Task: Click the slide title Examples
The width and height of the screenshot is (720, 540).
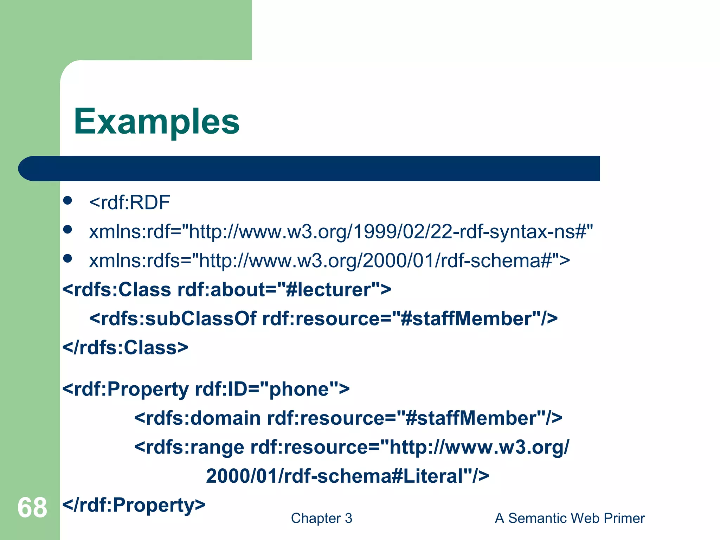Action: click(x=156, y=122)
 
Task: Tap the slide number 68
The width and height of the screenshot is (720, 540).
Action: click(x=32, y=508)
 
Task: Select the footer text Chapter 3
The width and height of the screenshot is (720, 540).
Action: click(x=321, y=518)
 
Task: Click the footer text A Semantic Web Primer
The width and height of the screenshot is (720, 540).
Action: click(x=570, y=518)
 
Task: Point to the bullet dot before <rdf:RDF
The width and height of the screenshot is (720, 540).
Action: click(x=67, y=201)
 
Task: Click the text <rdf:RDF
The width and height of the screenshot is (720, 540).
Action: click(x=129, y=202)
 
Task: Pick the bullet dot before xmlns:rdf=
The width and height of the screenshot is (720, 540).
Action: click(x=67, y=230)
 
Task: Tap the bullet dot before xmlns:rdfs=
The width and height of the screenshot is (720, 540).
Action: click(x=67, y=259)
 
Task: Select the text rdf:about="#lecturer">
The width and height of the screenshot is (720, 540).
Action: click(x=284, y=290)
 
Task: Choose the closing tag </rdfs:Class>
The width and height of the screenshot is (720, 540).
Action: click(x=125, y=347)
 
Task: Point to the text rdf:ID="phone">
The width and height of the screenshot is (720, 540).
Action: click(x=272, y=389)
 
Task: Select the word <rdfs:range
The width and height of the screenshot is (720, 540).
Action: click(x=189, y=447)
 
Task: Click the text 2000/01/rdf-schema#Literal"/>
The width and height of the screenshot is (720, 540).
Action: click(x=347, y=476)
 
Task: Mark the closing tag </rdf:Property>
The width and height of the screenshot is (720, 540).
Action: click(x=134, y=505)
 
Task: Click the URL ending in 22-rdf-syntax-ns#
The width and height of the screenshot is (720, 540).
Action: click(x=390, y=232)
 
